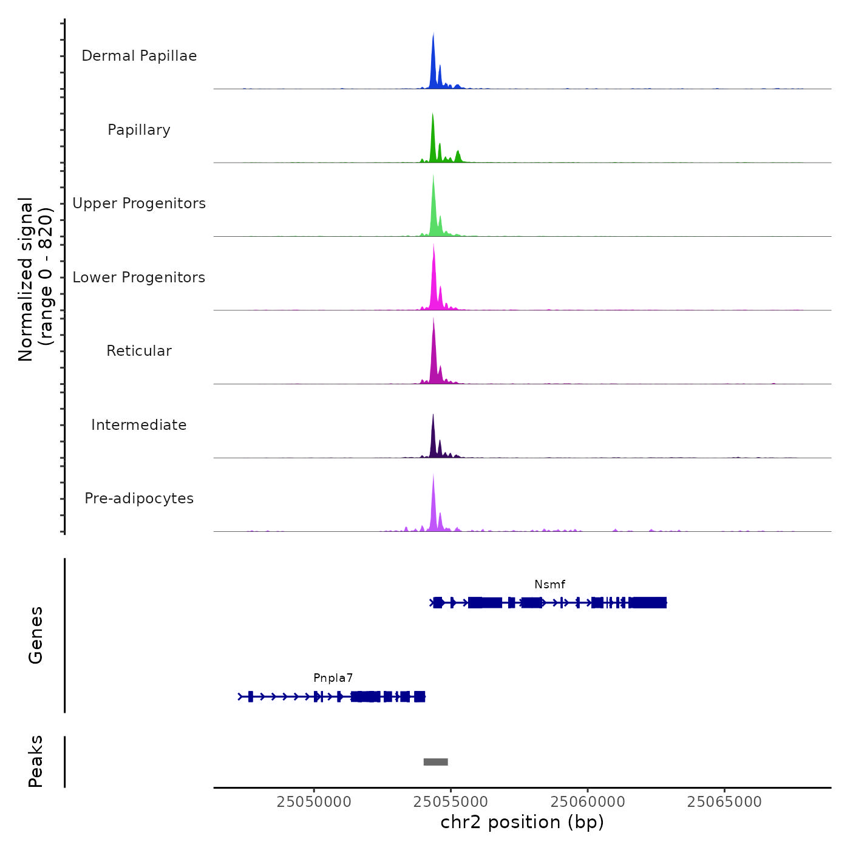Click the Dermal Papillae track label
coord(139,56)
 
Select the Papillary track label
coord(139,130)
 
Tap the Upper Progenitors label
coord(139,203)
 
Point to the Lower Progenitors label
coord(139,277)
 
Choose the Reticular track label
coord(139,351)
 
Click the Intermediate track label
coord(139,425)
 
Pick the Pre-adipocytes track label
coord(139,498)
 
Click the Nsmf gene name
coord(549,585)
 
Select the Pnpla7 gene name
coord(333,678)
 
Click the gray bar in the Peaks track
coord(435,762)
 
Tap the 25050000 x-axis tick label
coord(314,802)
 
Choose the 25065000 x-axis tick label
coord(724,802)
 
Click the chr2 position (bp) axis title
coord(522,822)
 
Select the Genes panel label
coord(36,635)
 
